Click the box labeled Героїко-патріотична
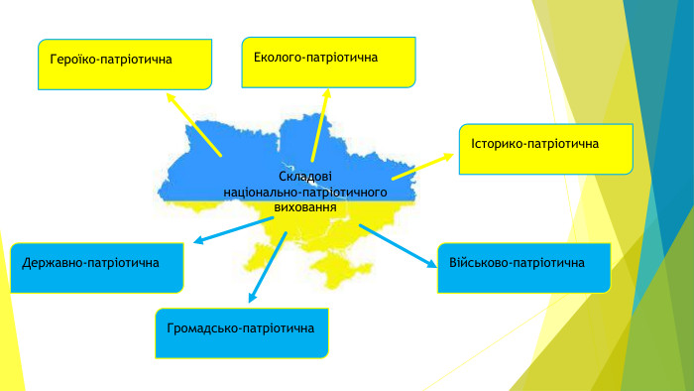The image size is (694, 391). [125, 65]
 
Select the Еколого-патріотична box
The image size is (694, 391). [328, 63]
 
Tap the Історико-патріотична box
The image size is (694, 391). [546, 149]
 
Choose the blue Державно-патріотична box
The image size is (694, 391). [97, 268]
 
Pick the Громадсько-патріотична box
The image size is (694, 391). [242, 333]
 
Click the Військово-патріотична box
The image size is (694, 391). [524, 268]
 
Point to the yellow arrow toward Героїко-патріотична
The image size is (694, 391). [193, 124]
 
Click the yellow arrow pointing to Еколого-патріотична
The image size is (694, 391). [320, 125]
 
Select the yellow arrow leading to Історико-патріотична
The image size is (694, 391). [422, 167]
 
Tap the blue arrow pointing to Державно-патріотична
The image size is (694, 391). [234, 230]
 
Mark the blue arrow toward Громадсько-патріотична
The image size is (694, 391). [268, 268]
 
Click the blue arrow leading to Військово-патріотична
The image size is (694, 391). [398, 246]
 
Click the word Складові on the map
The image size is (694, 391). [305, 177]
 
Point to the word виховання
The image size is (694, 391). [305, 207]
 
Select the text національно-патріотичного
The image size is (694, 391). [305, 193]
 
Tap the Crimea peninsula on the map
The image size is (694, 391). [340, 272]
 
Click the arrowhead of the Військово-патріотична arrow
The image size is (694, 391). [431, 264]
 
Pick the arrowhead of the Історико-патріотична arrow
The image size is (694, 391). [448, 157]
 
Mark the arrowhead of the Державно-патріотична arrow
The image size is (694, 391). [198, 240]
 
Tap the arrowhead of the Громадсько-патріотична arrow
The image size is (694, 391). [252, 298]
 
